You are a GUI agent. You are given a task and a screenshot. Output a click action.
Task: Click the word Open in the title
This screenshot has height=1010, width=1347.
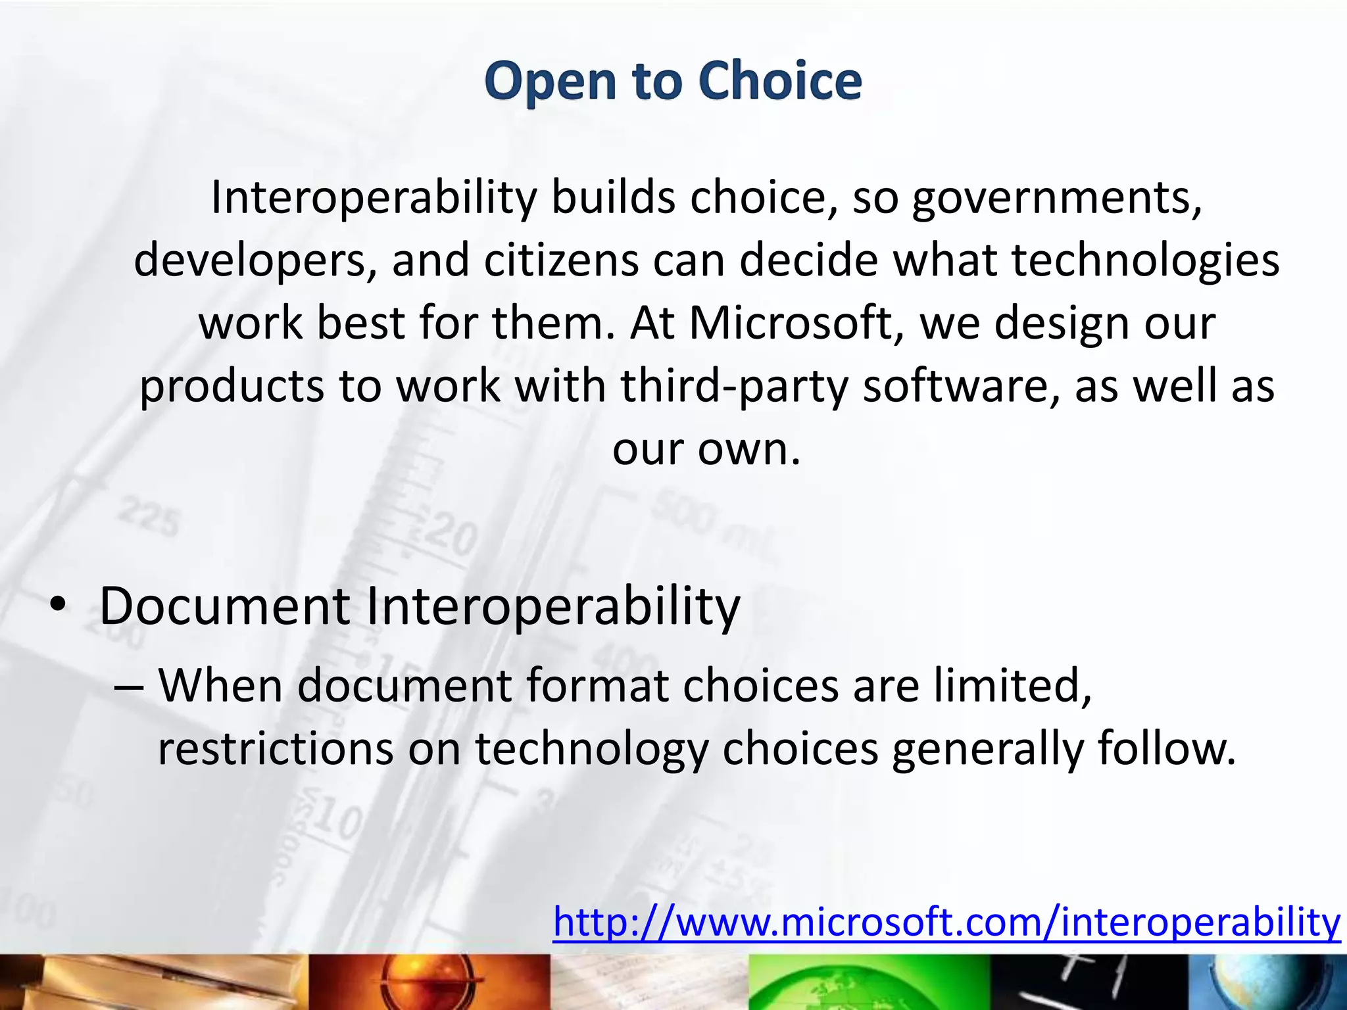pos(550,82)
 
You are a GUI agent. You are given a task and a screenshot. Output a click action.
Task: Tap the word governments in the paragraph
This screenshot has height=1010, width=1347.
pos(1057,198)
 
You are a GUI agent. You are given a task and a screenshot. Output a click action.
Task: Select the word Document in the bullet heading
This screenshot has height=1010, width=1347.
pos(224,606)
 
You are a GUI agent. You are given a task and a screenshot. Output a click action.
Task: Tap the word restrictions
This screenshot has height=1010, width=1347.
pos(275,749)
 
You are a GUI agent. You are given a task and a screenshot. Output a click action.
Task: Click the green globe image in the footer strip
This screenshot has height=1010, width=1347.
pos(868,983)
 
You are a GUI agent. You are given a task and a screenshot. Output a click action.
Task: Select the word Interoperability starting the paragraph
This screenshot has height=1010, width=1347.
pos(374,198)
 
